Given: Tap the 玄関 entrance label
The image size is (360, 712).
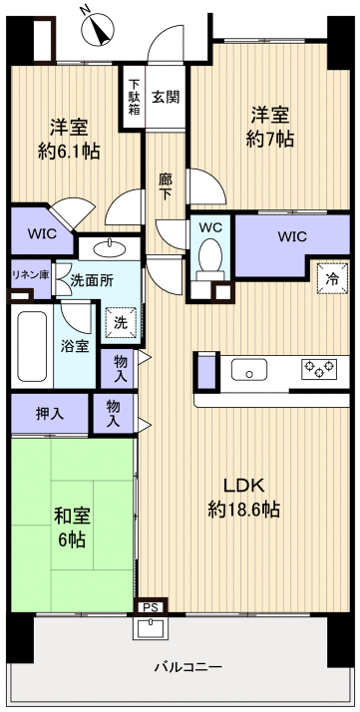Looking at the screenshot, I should [x=166, y=97].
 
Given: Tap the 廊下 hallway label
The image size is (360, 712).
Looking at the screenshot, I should [x=166, y=186].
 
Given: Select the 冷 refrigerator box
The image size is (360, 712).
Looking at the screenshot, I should [x=330, y=279].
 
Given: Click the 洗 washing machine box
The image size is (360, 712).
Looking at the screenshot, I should [x=120, y=323].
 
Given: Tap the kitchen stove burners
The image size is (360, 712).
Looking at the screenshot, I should [x=319, y=370].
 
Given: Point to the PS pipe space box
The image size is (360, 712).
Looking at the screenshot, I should [x=150, y=604].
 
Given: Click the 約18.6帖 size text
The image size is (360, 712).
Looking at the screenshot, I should [x=243, y=510].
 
